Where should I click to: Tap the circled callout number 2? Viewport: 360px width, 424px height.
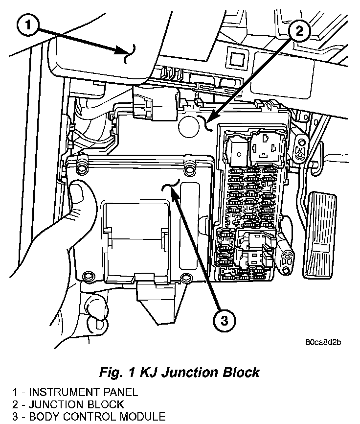pyautogui.click(x=299, y=31)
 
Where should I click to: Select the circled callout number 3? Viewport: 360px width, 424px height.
pyautogui.click(x=224, y=321)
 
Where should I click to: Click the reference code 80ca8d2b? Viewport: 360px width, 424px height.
pyautogui.click(x=321, y=342)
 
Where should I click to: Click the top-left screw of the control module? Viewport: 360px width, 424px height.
pyautogui.click(x=82, y=169)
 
